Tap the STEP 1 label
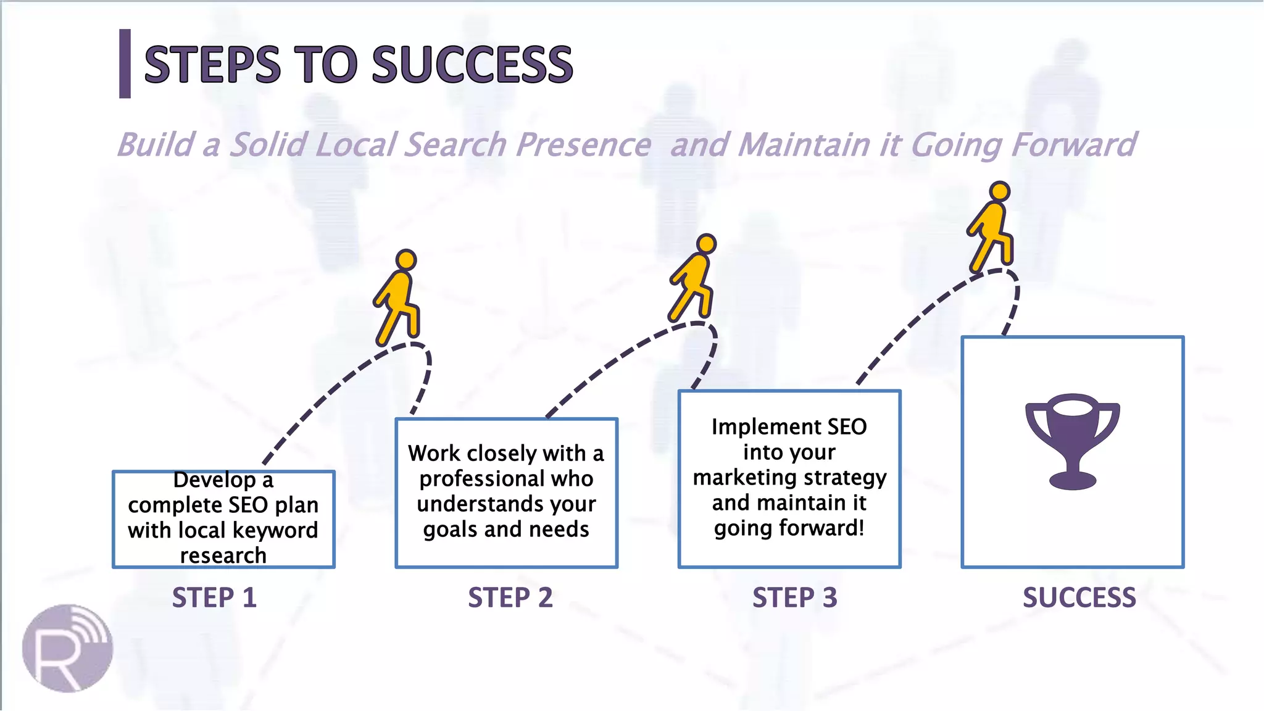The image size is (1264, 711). point(214,597)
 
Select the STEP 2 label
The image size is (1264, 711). point(510,597)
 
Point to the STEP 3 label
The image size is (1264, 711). point(794,597)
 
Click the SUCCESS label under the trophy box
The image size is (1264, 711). point(1079,597)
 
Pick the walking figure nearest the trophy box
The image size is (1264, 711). point(992,227)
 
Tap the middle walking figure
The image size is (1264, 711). point(694,278)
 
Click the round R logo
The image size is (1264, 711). point(67,648)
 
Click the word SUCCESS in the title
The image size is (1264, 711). point(472,65)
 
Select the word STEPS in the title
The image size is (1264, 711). point(212,65)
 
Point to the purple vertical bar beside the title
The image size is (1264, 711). point(125,64)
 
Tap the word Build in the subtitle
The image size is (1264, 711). point(156,146)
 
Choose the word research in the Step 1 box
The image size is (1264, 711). point(223,555)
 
